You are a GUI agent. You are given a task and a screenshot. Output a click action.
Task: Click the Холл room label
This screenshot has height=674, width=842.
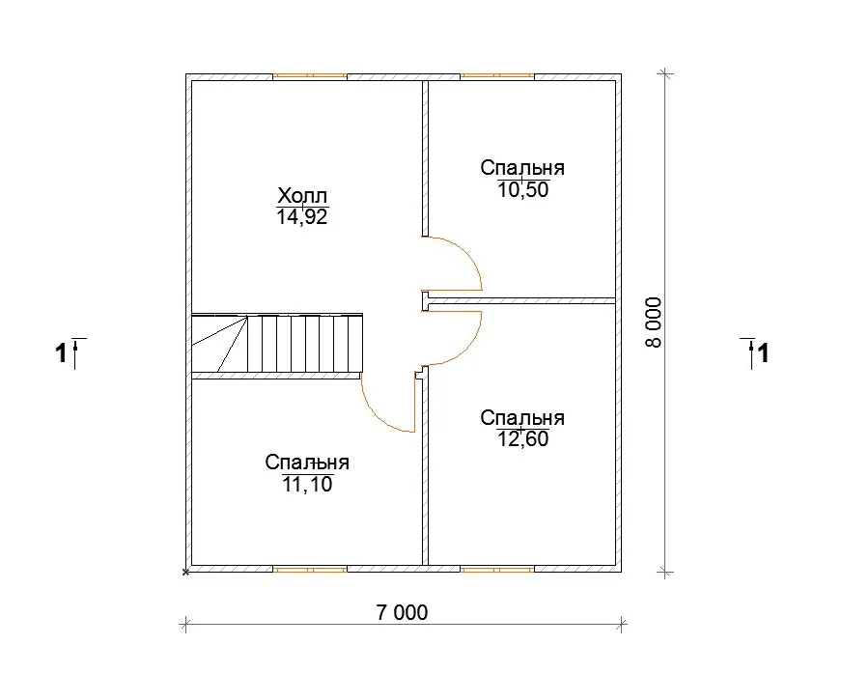coord(302,194)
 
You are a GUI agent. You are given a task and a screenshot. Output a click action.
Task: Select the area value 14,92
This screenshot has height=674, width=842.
coord(302,216)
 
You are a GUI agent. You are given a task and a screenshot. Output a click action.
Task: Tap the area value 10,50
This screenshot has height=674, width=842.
coord(523,189)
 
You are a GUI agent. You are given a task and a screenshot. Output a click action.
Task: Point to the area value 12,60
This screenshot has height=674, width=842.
coord(523,438)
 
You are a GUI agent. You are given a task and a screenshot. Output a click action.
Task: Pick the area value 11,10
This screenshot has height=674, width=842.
coord(308,485)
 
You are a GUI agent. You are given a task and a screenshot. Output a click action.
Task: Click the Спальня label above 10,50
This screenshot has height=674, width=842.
coord(522,168)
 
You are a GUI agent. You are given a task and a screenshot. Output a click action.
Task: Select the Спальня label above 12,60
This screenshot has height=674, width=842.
coord(522,418)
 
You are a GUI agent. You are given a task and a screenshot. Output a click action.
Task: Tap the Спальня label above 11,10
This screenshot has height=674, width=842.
coord(307,463)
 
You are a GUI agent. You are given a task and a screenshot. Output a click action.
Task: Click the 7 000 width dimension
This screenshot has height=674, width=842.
coord(403,612)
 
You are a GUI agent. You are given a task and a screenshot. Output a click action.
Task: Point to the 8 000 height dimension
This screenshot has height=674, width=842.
coord(654,323)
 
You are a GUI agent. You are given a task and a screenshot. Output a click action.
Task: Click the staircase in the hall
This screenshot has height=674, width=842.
coord(277,343)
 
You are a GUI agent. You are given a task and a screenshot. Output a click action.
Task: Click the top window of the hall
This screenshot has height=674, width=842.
coord(310,77)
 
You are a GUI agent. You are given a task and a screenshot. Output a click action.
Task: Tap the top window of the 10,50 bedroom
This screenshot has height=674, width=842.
coord(497,77)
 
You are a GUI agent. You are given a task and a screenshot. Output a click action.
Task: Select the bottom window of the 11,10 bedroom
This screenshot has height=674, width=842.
coord(310,569)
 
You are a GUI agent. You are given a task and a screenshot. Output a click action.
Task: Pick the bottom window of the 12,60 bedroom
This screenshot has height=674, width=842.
coord(497,569)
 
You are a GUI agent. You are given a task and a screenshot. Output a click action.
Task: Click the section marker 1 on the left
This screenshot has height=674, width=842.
coord(70,353)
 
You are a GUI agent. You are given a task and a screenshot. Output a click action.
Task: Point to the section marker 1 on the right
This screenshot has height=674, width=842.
coord(755,353)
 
